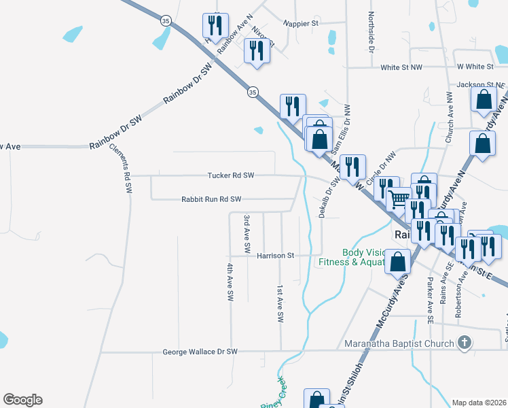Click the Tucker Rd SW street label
(230, 175)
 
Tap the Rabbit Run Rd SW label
(211, 199)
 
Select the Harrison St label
(275, 256)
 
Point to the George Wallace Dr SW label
(200, 352)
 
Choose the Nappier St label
(301, 23)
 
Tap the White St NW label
(401, 67)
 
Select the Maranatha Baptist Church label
(399, 343)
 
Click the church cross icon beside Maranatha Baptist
(464, 343)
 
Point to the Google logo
(22, 400)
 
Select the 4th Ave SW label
(230, 282)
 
